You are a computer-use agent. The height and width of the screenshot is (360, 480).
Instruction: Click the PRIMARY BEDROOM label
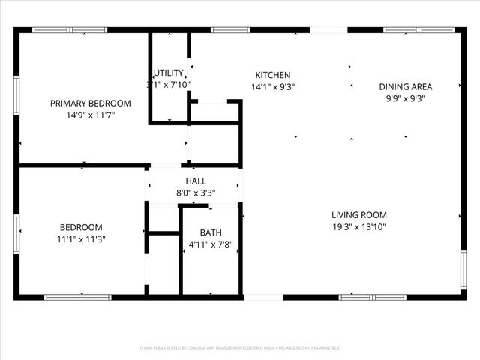coord(91,103)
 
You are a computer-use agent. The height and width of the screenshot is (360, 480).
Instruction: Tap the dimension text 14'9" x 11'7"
coord(91,115)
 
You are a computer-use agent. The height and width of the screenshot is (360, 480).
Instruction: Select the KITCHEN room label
coord(273,74)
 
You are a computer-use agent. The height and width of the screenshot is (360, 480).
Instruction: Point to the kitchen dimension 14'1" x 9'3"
coord(273,86)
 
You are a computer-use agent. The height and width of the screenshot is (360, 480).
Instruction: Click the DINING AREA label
coord(405,86)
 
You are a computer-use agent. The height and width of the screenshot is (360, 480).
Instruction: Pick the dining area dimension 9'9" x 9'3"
coord(405,97)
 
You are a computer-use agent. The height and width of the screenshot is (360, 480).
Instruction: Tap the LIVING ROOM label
coord(360,214)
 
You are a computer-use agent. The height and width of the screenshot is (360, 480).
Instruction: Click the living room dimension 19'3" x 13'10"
coord(360,226)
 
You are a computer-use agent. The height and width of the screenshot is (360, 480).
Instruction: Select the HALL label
coord(196,181)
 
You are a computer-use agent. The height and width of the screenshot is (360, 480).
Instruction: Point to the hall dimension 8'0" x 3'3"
coord(196,193)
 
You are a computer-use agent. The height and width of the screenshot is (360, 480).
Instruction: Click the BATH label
coord(211,232)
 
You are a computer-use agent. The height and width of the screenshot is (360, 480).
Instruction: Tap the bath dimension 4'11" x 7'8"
coord(211,244)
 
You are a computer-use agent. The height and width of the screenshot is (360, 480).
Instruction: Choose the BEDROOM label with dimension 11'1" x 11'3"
coord(81,227)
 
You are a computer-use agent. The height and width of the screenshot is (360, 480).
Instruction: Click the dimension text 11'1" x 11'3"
coord(81,240)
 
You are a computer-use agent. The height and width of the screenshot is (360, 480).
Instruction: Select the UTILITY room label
coord(169,73)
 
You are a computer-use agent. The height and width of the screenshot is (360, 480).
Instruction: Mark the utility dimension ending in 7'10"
coord(170,85)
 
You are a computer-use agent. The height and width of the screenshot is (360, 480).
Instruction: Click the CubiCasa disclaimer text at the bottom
coord(240,348)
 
